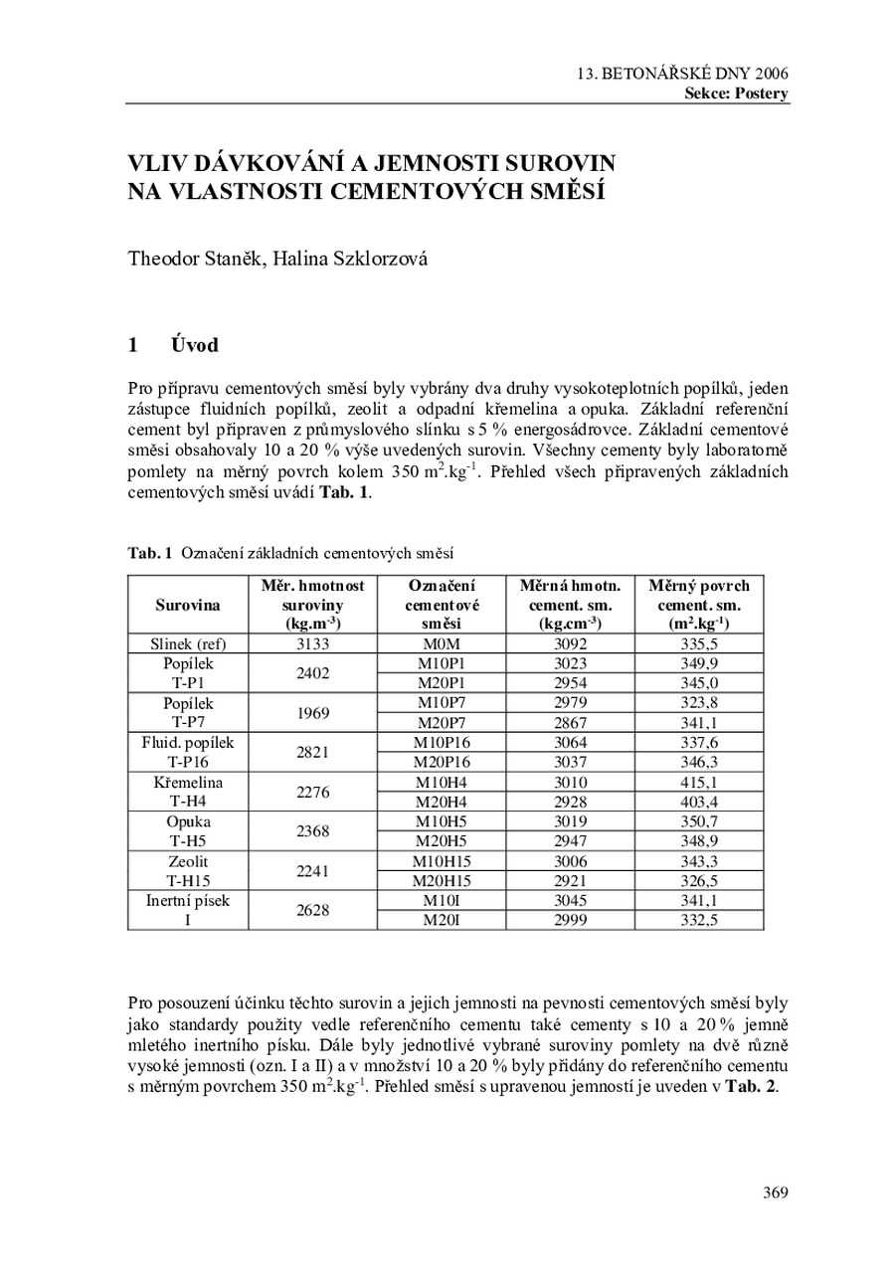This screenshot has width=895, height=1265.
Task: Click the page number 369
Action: click(775, 1192)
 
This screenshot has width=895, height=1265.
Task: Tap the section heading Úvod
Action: click(194, 345)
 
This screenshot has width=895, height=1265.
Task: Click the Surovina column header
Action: click(188, 605)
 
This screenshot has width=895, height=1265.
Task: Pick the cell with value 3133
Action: click(312, 643)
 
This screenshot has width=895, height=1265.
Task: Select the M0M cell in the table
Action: click(441, 643)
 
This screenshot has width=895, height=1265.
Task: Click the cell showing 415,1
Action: click(699, 783)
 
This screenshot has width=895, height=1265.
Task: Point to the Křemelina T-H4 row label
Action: click(188, 793)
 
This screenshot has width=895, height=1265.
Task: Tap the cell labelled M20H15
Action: click(442, 881)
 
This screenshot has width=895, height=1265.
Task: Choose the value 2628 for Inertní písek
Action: click(312, 910)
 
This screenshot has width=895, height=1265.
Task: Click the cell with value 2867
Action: click(570, 723)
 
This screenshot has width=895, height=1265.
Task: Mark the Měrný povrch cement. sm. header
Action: click(699, 605)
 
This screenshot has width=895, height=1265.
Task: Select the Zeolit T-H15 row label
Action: click(188, 871)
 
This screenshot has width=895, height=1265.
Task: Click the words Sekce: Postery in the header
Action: click(736, 93)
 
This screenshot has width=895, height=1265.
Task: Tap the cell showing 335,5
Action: click(699, 643)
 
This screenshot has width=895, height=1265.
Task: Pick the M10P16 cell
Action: click(442, 743)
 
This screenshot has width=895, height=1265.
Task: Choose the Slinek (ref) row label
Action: click(188, 643)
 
